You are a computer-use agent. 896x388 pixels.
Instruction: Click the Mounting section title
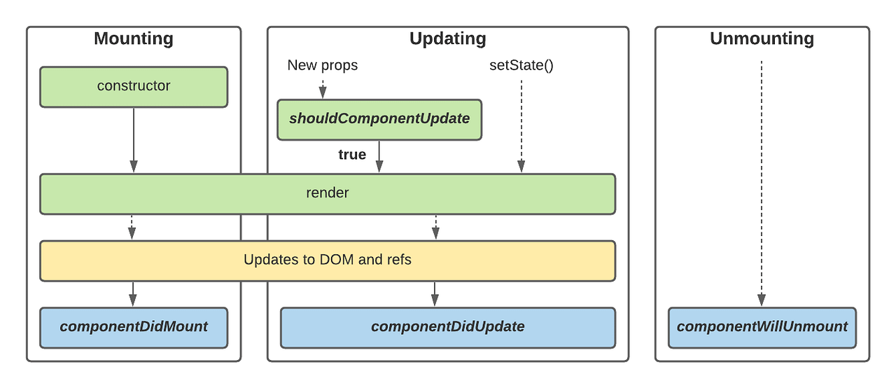tap(134, 39)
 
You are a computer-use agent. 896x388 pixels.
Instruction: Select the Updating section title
tap(447, 39)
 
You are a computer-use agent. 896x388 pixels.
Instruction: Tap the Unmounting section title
tap(762, 39)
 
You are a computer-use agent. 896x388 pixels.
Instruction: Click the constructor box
tap(134, 87)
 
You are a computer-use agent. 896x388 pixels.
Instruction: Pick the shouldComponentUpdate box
tap(379, 119)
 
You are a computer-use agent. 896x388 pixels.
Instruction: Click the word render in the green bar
tap(327, 193)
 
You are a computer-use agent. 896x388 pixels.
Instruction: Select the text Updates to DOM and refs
tap(327, 260)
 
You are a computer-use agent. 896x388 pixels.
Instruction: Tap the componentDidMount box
tap(134, 327)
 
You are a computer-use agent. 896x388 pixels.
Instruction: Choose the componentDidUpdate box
tap(447, 327)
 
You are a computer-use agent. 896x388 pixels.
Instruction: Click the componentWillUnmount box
tap(762, 327)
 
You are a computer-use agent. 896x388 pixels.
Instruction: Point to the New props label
tap(322, 65)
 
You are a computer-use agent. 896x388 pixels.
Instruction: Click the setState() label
tap(521, 65)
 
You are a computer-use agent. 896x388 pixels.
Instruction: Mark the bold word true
tap(352, 155)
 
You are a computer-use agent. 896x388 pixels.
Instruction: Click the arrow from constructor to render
tap(134, 140)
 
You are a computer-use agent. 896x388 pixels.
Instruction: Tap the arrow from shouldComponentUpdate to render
tap(379, 156)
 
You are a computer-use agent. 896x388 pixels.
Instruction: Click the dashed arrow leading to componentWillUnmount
tap(762, 182)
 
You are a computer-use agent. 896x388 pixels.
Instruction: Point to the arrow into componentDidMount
tap(133, 293)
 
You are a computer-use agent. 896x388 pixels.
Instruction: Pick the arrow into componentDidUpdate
tap(435, 293)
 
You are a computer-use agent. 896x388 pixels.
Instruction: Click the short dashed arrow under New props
tap(323, 88)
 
